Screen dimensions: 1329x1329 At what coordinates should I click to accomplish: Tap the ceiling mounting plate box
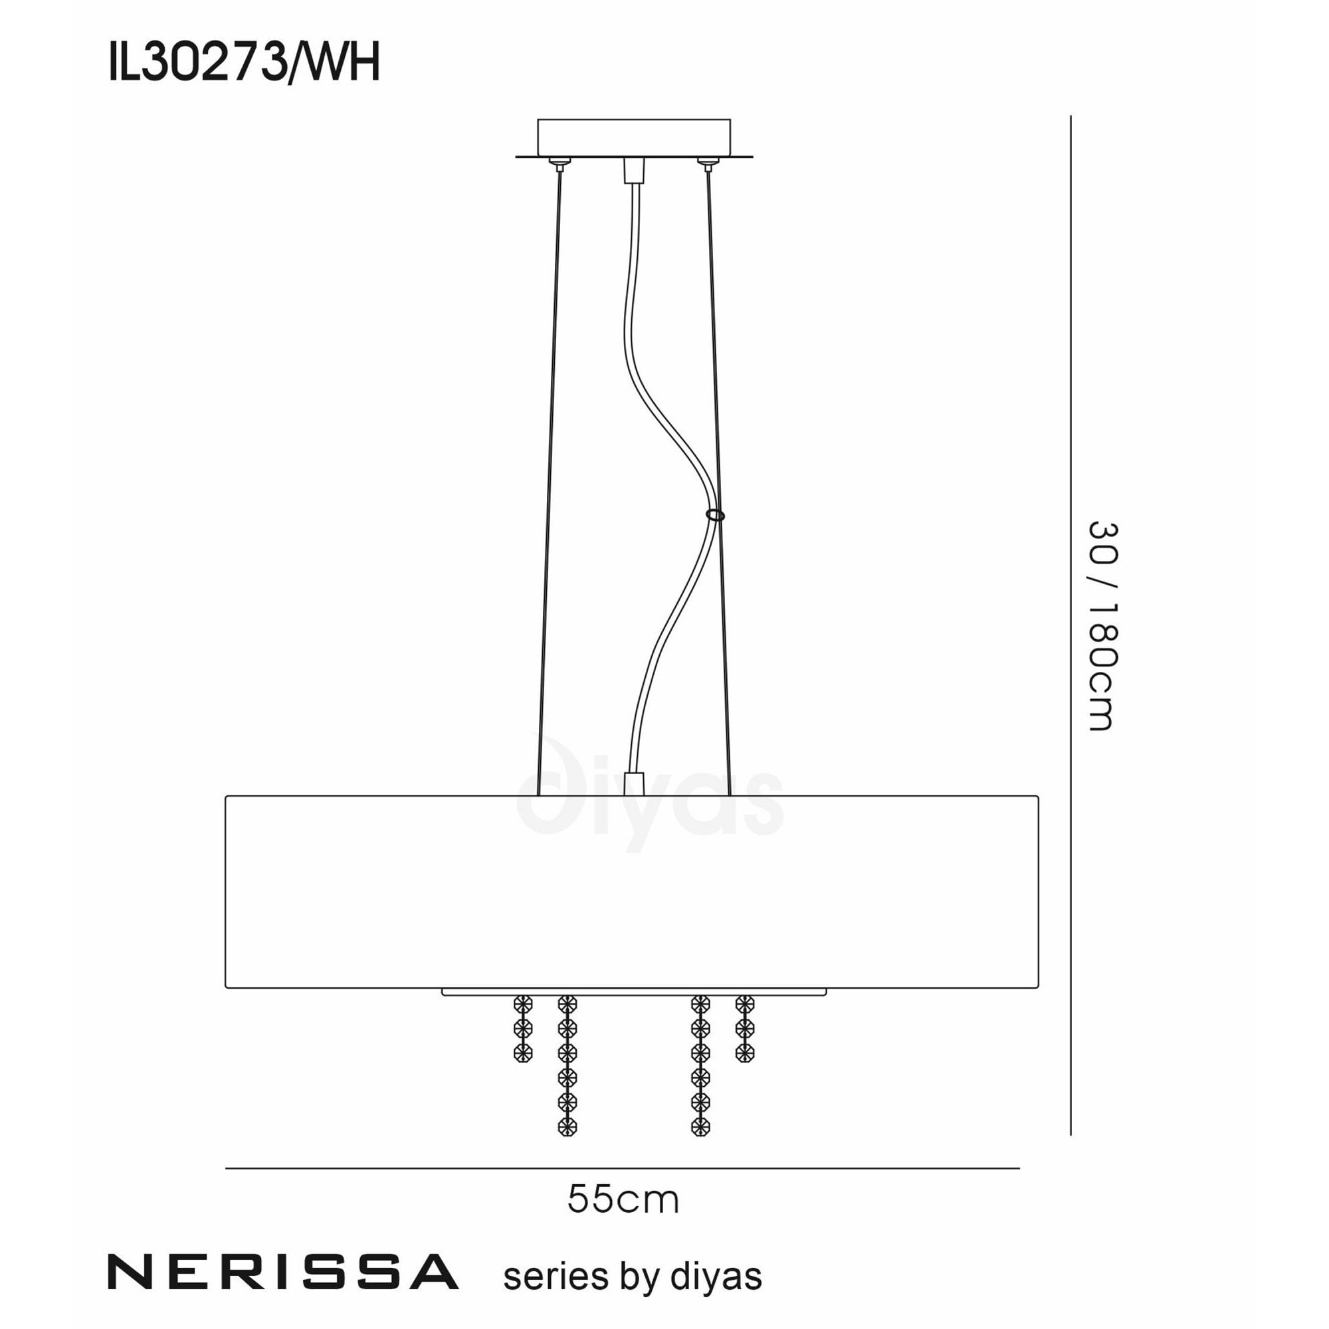(633, 137)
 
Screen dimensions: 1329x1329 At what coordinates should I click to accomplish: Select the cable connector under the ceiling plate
(633, 171)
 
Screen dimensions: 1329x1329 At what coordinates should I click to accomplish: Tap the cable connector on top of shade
(633, 783)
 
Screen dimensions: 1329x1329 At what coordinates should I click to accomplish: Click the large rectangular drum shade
(631, 892)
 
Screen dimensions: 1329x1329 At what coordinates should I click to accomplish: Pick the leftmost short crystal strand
(524, 1029)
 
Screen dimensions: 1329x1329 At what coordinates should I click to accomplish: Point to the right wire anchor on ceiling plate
(706, 163)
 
